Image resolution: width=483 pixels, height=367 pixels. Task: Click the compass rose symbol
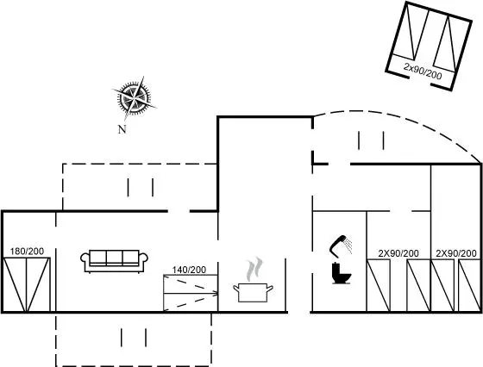135,98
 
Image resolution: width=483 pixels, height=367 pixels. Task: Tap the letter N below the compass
122,129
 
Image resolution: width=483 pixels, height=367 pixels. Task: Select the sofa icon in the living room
114,261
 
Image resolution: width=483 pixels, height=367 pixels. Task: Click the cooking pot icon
253,293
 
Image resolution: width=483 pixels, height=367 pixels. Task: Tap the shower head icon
341,246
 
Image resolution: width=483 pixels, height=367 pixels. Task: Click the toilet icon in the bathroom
342,273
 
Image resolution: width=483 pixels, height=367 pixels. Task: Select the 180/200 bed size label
27,252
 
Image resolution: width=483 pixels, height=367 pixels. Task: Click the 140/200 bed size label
189,270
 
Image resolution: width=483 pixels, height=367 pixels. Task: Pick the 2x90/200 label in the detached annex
423,72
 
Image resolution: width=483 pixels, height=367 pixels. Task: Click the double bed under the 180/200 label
27,284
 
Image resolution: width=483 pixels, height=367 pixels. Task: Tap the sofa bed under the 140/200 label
191,293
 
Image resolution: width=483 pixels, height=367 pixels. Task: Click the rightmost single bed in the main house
469,285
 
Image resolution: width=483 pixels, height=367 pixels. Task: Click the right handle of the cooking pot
269,289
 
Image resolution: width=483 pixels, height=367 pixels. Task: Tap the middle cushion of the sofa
114,258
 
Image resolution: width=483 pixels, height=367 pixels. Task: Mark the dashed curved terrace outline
398,123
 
